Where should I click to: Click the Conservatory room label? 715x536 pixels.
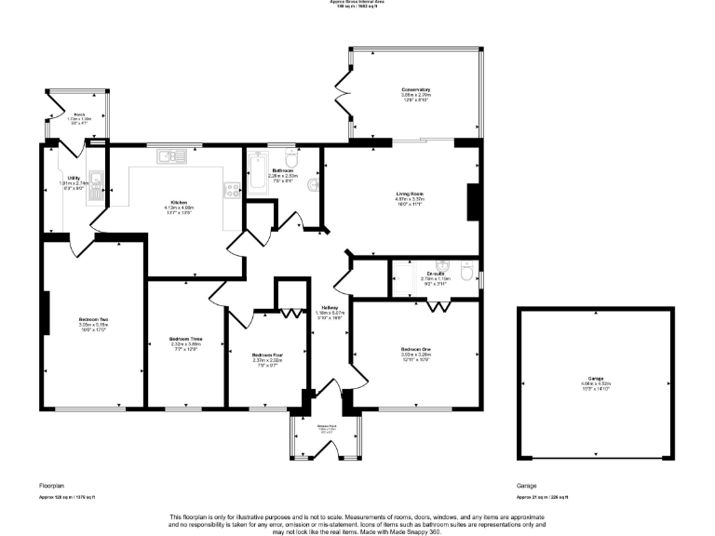pos(414,90)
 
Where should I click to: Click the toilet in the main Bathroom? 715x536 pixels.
pos(290,158)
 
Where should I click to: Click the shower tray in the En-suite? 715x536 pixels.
pos(405,280)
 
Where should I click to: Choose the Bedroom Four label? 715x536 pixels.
pos(267,355)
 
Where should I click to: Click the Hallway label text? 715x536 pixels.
pos(330,308)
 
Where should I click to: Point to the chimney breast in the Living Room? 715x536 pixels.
pos(472,200)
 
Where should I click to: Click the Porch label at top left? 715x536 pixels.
pos(79,114)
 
